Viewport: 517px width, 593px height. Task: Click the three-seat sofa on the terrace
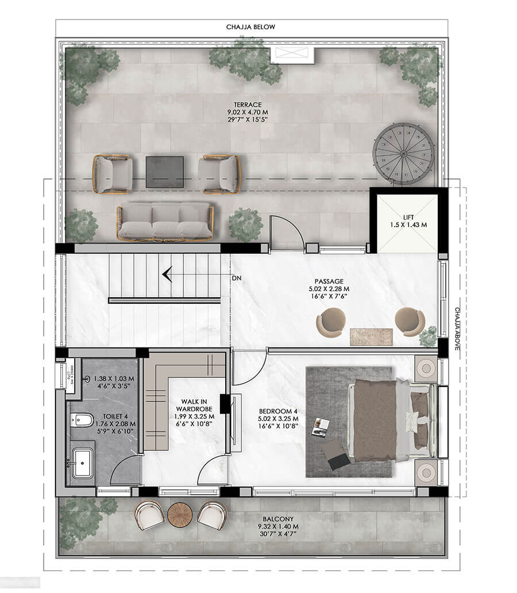[165, 221]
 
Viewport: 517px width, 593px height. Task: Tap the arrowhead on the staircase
[167, 275]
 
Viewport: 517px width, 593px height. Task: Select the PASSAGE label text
[329, 281]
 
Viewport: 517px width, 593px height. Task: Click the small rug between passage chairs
[372, 336]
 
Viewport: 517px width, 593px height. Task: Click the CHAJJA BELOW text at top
[251, 27]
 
